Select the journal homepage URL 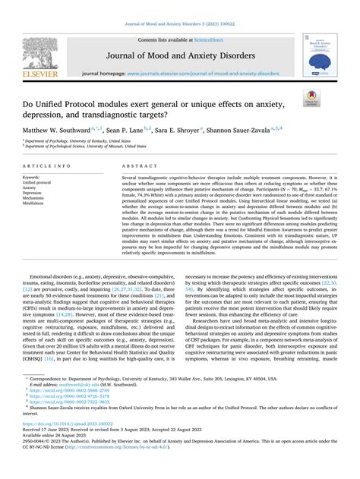[x=202, y=74]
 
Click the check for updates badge [x=333, y=99]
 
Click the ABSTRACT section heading [x=133, y=165]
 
